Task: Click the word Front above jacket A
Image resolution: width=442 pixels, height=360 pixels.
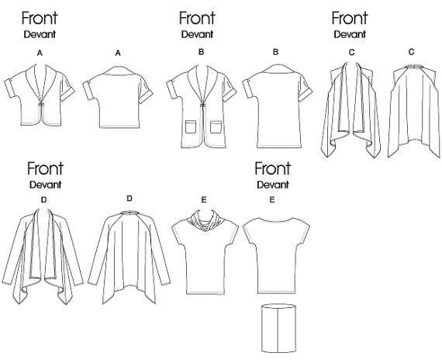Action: click(40, 18)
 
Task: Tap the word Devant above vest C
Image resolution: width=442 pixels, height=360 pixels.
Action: click(350, 34)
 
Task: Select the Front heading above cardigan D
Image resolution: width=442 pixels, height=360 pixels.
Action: click(45, 168)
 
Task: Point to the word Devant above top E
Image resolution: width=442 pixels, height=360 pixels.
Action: click(273, 185)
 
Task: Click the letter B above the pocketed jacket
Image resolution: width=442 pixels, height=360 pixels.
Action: click(201, 52)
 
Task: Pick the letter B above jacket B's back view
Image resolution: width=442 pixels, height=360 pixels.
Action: click(275, 52)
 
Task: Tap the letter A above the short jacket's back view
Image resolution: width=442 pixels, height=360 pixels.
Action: click(118, 53)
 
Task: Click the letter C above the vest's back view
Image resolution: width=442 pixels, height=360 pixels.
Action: click(411, 52)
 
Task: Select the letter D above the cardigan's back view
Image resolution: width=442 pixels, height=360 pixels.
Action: click(129, 199)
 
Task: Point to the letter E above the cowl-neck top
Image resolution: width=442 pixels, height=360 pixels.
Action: click(204, 200)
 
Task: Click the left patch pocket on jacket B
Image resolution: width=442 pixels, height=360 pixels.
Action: click(191, 126)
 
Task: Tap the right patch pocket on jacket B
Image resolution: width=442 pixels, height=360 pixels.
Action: click(216, 127)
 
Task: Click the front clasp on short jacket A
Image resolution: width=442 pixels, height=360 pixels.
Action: click(41, 105)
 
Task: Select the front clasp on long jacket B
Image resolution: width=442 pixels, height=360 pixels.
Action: click(202, 106)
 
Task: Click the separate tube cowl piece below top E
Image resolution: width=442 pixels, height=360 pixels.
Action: click(278, 328)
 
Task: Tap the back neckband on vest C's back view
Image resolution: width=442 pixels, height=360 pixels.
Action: click(413, 67)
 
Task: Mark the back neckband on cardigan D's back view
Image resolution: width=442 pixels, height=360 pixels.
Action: click(129, 213)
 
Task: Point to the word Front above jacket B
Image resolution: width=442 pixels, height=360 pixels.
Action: click(197, 18)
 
